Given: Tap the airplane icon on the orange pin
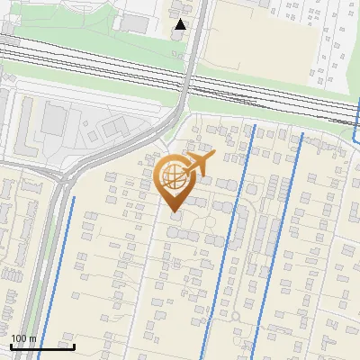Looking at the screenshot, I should click(198, 163).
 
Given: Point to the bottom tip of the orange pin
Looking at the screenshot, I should click(175, 213).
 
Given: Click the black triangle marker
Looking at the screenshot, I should click(181, 24).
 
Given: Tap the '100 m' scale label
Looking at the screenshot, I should click(23, 338).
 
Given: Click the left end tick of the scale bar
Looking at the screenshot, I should click(11, 346).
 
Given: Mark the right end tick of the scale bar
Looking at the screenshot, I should click(74, 346).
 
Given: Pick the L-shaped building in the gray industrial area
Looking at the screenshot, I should click(27, 126).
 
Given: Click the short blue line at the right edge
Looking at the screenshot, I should click(355, 126).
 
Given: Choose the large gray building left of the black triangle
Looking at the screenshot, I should click(135, 22).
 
